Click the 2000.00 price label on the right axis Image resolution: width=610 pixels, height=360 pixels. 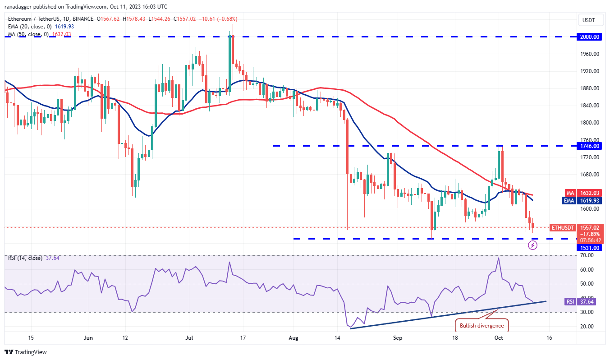click(590, 37)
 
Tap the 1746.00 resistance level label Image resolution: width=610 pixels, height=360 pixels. click(590, 146)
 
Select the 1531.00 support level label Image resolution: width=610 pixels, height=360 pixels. click(590, 248)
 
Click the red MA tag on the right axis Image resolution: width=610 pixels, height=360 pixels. click(569, 193)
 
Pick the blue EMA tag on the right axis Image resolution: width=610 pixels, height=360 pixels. click(569, 201)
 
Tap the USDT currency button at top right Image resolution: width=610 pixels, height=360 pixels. click(589, 20)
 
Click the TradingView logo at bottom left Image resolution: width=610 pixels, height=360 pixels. click(26, 352)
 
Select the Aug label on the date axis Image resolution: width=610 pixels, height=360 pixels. click(294, 337)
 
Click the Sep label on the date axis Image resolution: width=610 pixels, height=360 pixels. click(397, 337)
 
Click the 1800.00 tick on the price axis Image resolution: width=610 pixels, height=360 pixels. click(590, 123)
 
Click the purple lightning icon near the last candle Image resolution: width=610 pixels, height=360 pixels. click(533, 245)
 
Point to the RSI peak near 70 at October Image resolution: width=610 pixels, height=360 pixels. click(498, 258)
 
